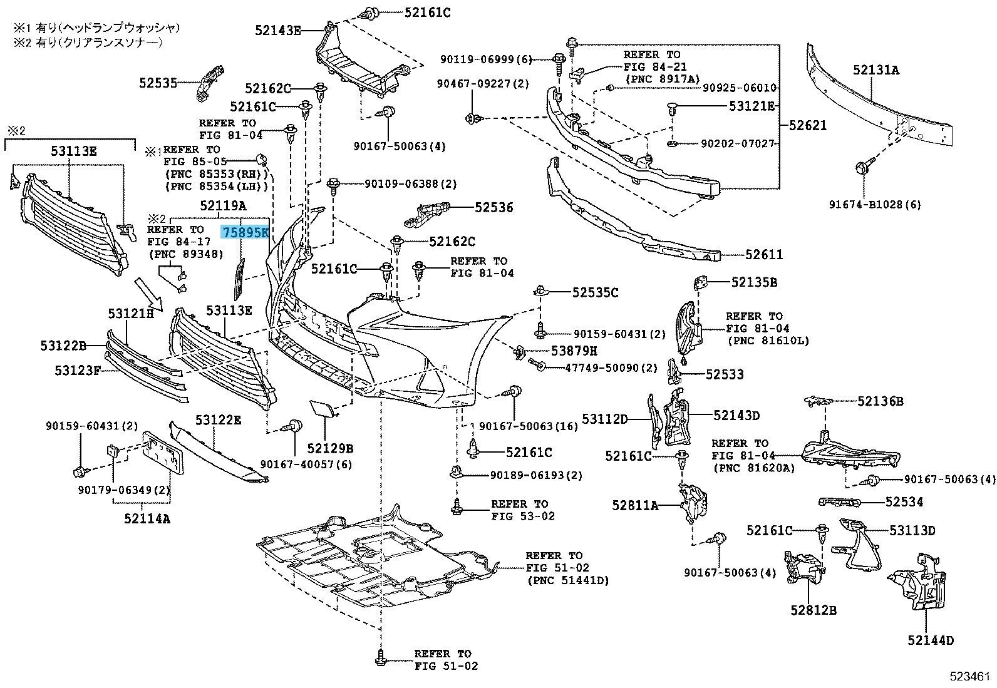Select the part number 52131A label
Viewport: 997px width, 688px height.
pos(875,70)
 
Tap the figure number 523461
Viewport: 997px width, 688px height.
pos(969,677)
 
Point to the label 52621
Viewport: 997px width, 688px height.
pos(807,125)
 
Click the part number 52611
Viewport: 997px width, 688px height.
pos(764,255)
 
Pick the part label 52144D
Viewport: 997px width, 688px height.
pos(930,640)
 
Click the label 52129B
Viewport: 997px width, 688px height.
pos(330,448)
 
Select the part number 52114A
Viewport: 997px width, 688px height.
pos(147,518)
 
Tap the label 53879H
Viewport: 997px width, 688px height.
pos(574,351)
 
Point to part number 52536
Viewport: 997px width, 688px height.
pos(493,207)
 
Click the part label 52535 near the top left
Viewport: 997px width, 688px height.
pos(158,82)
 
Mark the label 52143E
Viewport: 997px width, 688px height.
pos(278,29)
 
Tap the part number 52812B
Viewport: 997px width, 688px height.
pos(813,609)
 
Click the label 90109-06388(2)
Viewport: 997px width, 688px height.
pos(411,184)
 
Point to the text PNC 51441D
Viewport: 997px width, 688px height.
pos(567,580)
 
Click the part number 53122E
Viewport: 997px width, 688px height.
pos(217,419)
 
